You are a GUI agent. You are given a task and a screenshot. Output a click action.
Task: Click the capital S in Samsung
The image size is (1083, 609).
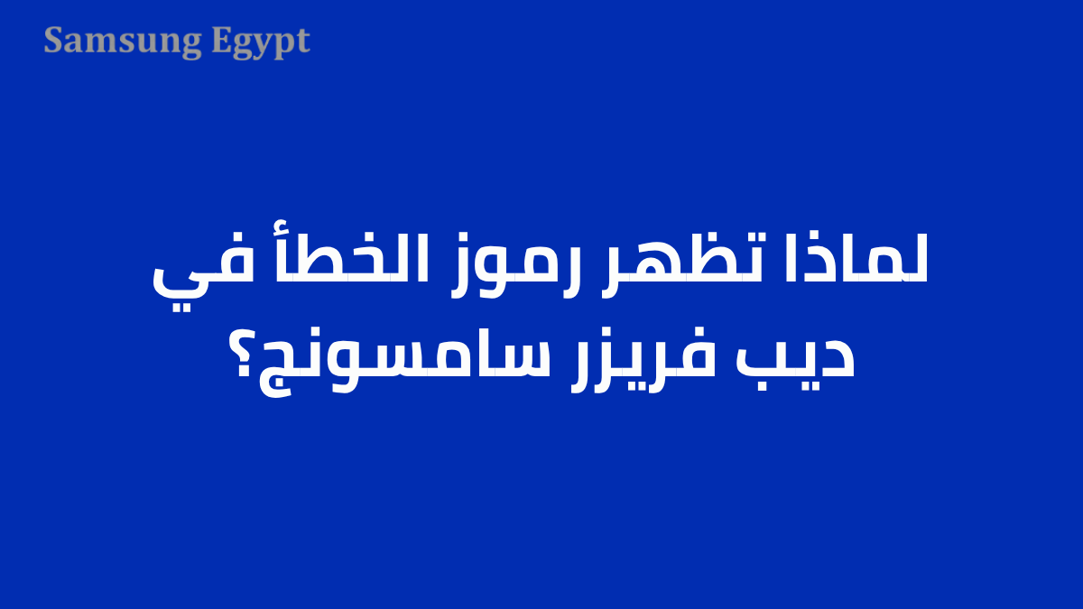tap(54, 41)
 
